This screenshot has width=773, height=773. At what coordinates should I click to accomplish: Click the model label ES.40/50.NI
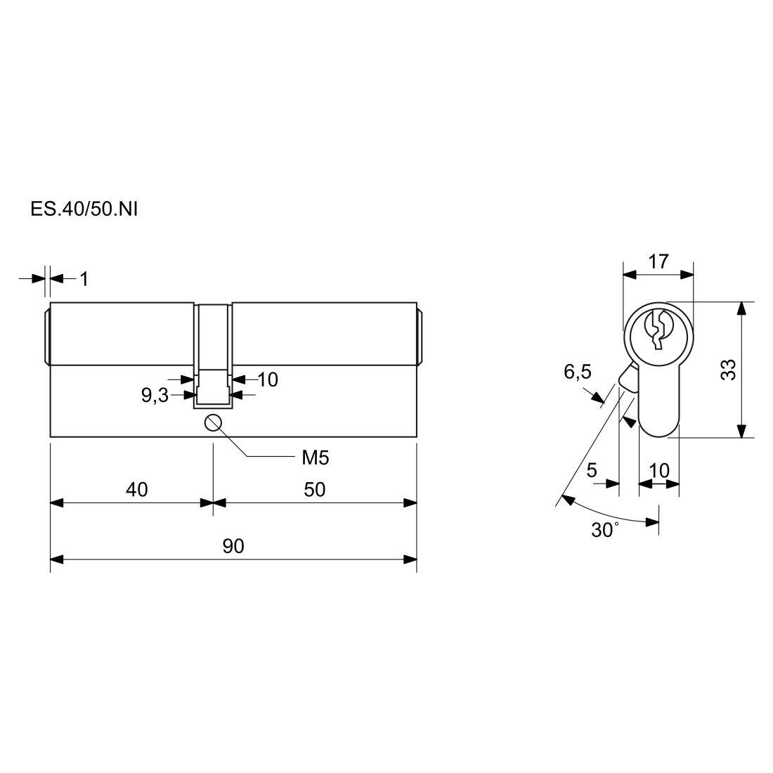(84, 209)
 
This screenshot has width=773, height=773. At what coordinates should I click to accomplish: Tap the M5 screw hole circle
(212, 422)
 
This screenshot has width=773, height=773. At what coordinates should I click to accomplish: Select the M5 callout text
(315, 458)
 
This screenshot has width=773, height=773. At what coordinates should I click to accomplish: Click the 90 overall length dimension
(233, 546)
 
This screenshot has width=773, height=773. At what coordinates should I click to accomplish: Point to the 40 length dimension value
(136, 490)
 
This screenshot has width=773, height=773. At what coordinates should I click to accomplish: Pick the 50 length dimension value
(315, 490)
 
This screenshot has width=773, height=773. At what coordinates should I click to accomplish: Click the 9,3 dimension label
(155, 396)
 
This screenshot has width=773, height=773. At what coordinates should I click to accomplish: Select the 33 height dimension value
(728, 370)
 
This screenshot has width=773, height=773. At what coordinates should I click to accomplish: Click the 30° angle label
(605, 530)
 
